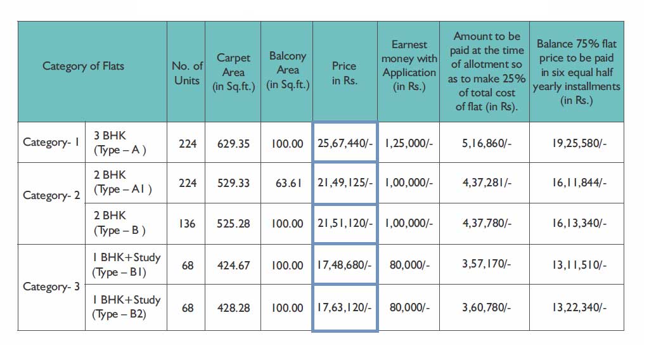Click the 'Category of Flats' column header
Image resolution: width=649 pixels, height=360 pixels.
point(83,66)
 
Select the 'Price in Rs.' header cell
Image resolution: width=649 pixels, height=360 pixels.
point(344,73)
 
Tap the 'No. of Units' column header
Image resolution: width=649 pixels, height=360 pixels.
point(187,73)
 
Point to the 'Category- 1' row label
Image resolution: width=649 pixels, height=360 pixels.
point(51,142)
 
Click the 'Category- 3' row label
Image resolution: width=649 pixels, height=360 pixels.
point(51,286)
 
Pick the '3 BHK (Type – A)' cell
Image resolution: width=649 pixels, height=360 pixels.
point(120,143)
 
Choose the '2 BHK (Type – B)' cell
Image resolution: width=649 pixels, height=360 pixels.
point(120,223)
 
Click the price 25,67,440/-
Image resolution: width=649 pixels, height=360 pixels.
point(345,143)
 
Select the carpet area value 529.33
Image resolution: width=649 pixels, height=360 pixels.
point(233,183)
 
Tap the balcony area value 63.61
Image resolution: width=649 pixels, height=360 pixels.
point(288,183)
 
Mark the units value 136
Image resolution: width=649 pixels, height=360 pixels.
point(187,224)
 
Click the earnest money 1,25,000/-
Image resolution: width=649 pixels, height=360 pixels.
point(409,143)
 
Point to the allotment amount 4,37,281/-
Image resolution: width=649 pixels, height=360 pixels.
point(487,183)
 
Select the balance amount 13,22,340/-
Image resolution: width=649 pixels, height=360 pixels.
point(579,307)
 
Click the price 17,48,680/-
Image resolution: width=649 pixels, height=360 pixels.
point(344,265)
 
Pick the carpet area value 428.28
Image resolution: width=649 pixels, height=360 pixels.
point(233,308)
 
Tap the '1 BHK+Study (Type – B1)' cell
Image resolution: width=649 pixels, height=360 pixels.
point(126,264)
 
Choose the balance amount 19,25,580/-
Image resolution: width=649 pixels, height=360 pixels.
point(579,143)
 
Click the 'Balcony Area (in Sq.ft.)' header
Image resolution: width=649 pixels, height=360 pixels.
point(288,70)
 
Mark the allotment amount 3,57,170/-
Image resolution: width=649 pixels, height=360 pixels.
point(486,264)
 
